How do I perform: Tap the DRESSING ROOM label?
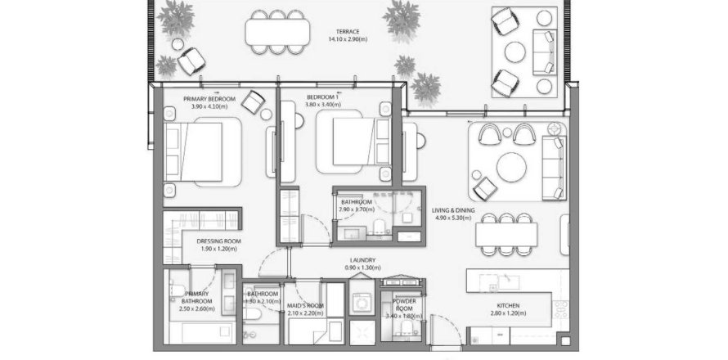[219, 241]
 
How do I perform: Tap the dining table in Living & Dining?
[508, 235]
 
